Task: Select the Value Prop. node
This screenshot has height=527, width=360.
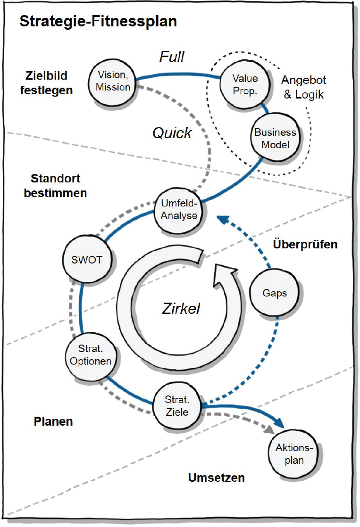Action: tap(245, 83)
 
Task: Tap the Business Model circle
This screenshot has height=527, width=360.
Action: tap(276, 138)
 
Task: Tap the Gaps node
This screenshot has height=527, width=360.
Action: tap(274, 293)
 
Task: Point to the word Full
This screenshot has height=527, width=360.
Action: tap(171, 58)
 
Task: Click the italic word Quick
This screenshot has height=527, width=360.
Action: tap(172, 133)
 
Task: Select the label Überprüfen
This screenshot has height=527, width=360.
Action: tap(305, 245)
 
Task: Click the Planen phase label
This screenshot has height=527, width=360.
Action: tap(53, 421)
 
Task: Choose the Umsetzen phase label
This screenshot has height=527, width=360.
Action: tap(217, 478)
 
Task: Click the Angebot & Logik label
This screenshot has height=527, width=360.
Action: tap(303, 87)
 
